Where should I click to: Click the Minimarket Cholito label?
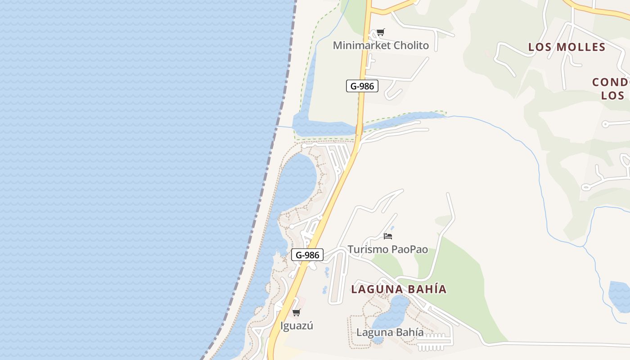(381, 45)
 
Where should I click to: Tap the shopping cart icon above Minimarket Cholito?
(381, 32)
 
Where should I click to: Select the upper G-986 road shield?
(362, 86)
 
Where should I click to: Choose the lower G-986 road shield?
(307, 255)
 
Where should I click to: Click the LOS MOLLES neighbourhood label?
(567, 47)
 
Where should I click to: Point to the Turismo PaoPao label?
(387, 249)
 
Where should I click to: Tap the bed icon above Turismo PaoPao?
(388, 236)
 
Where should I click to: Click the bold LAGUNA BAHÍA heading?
(399, 289)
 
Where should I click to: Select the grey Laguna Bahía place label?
(390, 333)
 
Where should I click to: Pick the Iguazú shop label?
(296, 326)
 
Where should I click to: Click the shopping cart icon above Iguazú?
(296, 312)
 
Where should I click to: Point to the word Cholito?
(411, 45)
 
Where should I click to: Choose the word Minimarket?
(361, 45)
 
